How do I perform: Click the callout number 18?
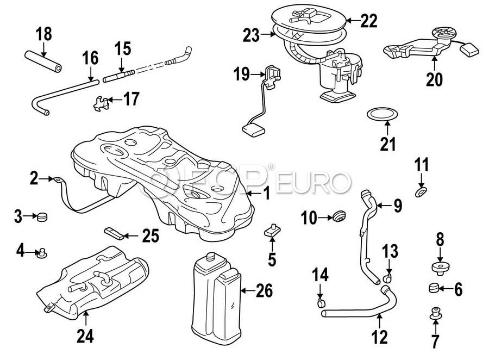point(43,34)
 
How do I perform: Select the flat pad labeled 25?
point(114,234)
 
